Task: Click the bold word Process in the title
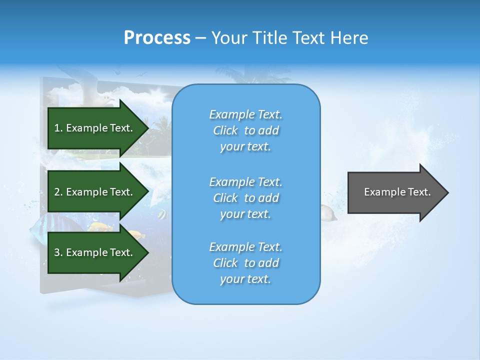click(157, 38)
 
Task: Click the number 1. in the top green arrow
click(58, 128)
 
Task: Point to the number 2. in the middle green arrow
click(58, 192)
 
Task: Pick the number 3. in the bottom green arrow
click(58, 252)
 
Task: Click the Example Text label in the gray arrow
click(397, 192)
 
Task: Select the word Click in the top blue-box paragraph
click(225, 130)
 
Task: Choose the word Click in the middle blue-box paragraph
click(225, 198)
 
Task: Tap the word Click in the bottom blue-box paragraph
click(225, 263)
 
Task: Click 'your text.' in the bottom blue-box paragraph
click(245, 279)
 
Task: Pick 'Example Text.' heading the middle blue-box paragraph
click(245, 182)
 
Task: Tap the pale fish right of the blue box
click(328, 213)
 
